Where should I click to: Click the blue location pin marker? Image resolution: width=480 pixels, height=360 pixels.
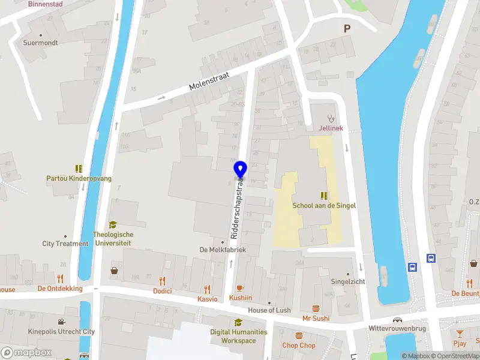tap(240, 169)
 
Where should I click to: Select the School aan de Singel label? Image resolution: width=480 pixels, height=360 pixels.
tap(324, 205)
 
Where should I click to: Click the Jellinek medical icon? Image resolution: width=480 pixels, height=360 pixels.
tap(329, 118)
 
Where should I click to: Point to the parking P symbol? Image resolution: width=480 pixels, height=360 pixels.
tap(347, 28)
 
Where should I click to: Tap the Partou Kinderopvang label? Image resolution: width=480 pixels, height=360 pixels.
tap(79, 178)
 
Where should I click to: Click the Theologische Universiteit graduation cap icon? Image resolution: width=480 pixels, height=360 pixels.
tap(112, 224)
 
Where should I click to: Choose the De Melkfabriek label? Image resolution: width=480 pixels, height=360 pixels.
tap(223, 250)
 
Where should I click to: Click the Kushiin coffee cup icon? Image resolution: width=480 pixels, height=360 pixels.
tap(240, 288)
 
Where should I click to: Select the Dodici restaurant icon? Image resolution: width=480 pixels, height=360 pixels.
tap(162, 280)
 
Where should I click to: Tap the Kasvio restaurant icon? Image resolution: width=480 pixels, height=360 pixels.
tap(208, 289)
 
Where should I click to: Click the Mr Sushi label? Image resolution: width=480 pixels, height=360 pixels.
tap(316, 318)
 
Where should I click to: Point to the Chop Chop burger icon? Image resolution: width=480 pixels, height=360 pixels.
tap(299, 336)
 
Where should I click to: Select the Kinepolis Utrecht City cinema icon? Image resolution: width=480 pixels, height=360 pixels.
tap(61, 322)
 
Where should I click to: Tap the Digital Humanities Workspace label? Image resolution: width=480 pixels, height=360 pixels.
tap(238, 336)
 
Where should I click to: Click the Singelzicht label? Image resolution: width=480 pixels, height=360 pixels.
tap(349, 281)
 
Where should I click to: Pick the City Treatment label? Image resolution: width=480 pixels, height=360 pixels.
tap(65, 244)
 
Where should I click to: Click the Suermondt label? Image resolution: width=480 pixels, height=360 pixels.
tap(40, 43)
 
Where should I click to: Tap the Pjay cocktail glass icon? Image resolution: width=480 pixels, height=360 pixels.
tap(460, 334)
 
